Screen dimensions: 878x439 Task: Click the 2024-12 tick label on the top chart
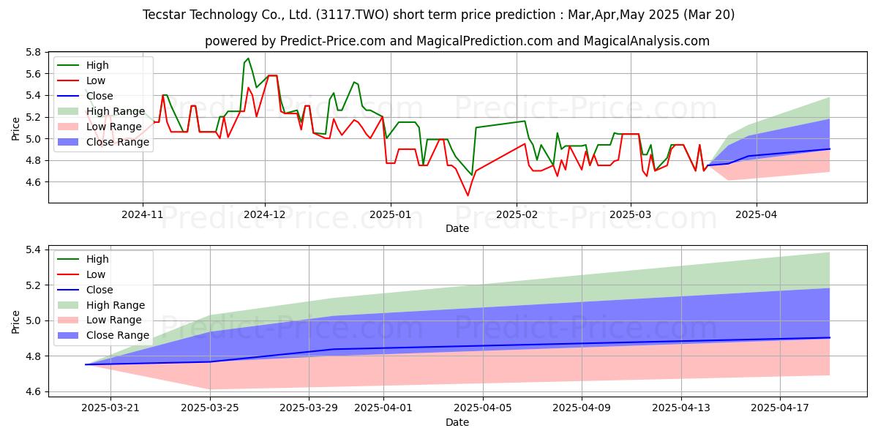pos(265,214)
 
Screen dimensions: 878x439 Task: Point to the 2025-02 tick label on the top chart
pos(517,214)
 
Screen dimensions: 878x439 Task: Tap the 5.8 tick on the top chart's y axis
pos(34,52)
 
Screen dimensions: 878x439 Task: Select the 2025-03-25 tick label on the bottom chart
pos(210,408)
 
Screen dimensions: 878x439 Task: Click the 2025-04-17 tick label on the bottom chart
pos(780,408)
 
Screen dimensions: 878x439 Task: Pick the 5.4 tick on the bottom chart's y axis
pos(34,249)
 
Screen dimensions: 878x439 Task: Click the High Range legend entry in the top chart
pos(102,111)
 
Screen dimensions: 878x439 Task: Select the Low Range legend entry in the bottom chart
pos(100,320)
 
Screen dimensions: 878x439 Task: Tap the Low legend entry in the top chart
pos(81,80)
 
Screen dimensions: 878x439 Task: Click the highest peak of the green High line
pos(248,59)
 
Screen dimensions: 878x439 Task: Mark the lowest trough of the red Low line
pos(468,195)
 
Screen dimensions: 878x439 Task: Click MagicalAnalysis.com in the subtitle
pos(647,41)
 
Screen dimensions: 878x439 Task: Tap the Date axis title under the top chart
pos(457,228)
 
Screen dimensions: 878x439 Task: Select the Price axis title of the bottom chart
pos(15,322)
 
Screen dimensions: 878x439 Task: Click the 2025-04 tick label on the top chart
pos(756,214)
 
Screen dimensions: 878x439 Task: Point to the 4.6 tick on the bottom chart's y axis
pos(34,392)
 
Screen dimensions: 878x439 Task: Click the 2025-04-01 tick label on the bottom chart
pos(383,408)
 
